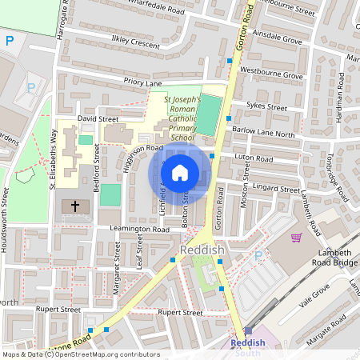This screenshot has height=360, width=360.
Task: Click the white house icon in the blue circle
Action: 180,172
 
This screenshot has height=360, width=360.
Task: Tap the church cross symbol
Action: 76,206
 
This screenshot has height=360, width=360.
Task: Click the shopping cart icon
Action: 297,237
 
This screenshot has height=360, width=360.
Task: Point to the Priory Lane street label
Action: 142,82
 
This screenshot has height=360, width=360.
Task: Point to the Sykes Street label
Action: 267,106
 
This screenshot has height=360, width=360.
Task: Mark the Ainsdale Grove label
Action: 276,38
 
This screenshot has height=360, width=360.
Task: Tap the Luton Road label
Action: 258,159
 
